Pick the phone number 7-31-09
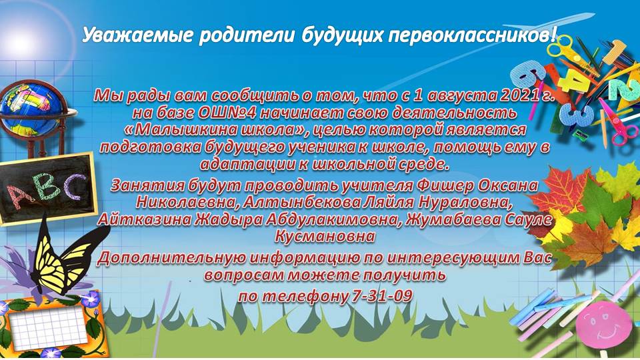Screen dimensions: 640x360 [381, 295]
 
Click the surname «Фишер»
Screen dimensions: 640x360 [445, 186]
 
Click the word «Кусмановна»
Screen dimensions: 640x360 [325, 236]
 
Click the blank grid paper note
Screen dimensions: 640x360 [49, 328]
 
